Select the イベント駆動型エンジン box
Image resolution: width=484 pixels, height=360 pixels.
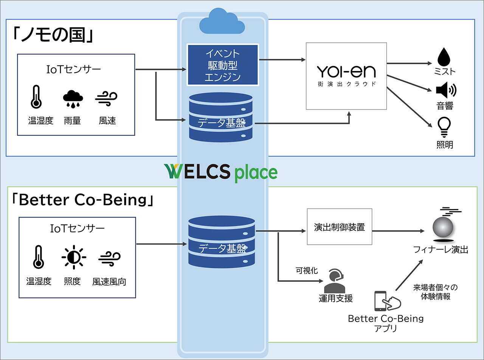[x=223, y=65]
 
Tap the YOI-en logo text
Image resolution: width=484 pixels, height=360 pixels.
[x=346, y=72]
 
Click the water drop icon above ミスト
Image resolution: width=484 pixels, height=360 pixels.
[x=444, y=57]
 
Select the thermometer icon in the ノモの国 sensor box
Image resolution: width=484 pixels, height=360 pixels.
[x=36, y=97]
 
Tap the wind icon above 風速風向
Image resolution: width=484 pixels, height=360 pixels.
[x=109, y=259]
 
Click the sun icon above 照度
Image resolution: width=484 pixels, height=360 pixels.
[x=74, y=258]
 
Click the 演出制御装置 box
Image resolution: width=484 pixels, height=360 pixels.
[x=340, y=227]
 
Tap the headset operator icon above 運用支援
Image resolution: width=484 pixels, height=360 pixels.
[x=335, y=281]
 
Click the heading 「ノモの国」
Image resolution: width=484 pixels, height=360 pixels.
[x=53, y=35]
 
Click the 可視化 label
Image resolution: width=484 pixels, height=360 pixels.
[x=307, y=270]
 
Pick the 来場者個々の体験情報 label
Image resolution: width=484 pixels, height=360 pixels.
[x=436, y=292]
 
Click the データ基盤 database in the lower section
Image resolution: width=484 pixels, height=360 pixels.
[x=222, y=242]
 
